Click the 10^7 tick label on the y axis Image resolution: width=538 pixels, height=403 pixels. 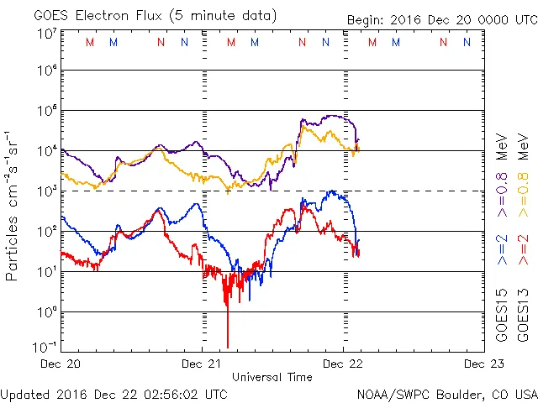point(46,34)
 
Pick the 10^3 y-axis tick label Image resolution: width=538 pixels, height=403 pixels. point(46,191)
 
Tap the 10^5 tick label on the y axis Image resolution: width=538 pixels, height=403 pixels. point(46,112)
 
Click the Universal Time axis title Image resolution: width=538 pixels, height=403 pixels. point(272,378)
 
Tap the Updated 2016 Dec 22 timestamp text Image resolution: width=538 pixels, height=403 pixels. point(113,394)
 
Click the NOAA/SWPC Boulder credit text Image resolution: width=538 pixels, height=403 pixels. point(446,394)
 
